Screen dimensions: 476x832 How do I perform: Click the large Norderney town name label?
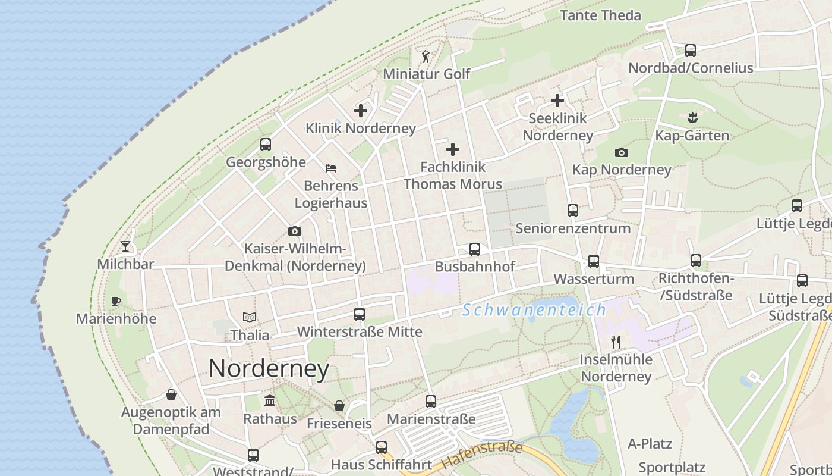point(269,369)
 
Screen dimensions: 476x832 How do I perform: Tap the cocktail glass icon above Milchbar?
point(125,246)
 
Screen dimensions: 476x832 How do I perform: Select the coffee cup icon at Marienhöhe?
point(116,301)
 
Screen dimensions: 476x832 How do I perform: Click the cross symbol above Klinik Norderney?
point(361,111)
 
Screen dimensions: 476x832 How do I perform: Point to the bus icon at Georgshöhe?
point(266,145)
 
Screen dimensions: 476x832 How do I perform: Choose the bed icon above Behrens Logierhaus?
point(331,168)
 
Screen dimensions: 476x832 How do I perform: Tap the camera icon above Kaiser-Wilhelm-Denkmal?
point(295,231)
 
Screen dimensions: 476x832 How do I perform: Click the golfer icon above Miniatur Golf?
point(426,57)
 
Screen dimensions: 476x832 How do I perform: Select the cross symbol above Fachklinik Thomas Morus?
point(453,149)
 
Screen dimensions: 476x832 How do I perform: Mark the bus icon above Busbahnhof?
point(475,249)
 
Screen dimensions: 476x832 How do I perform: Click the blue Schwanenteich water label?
point(534,310)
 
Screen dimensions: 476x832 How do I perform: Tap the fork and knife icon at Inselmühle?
point(616,342)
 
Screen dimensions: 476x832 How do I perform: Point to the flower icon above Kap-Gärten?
point(692,118)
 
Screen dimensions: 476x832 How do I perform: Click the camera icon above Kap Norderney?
point(622,152)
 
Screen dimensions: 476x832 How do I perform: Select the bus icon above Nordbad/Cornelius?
point(691,51)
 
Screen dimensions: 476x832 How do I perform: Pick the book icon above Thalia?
point(250,318)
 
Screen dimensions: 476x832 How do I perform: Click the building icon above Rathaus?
point(270,400)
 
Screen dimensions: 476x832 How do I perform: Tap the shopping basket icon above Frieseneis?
point(339,406)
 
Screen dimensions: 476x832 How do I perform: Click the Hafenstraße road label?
point(482,455)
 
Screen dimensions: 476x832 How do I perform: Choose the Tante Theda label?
point(600,15)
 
